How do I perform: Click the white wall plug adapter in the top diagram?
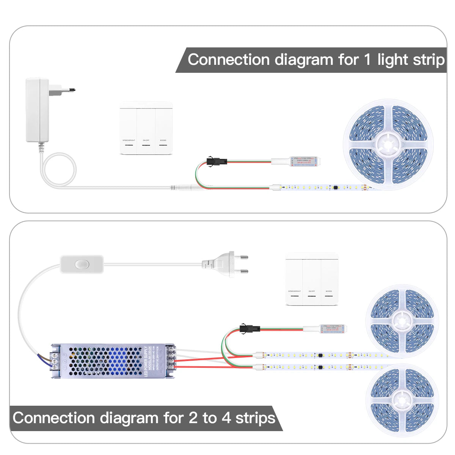[38, 110]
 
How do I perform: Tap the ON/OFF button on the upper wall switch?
[146, 128]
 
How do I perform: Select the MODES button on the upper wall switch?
[163, 128]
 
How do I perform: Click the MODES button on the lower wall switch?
[329, 279]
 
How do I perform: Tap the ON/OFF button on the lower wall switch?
[312, 279]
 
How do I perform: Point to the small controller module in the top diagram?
[302, 162]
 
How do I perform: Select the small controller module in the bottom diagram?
[333, 329]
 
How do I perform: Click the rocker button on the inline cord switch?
[81, 264]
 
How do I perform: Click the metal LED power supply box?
[113, 361]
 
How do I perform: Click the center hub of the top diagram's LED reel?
[388, 144]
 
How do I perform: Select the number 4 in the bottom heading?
[226, 418]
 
